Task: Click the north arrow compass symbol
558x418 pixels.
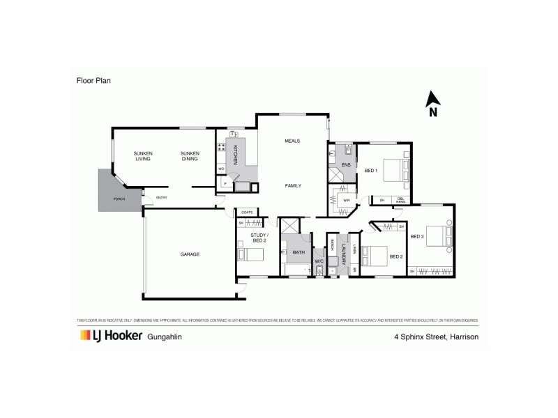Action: click(x=432, y=104)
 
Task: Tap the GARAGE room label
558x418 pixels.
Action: click(x=189, y=254)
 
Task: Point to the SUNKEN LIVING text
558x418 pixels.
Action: click(x=144, y=156)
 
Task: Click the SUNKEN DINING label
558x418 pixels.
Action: click(x=190, y=156)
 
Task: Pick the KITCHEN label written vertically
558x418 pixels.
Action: click(x=235, y=155)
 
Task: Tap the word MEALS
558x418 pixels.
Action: click(x=292, y=141)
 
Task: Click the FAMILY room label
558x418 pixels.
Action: click(x=292, y=185)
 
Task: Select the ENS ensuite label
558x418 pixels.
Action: click(x=345, y=164)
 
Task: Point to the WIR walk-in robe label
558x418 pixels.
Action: click(x=346, y=201)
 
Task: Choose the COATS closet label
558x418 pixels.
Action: click(x=247, y=212)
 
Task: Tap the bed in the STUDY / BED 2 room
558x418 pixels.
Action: click(x=252, y=255)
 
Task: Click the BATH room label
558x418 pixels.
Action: click(x=299, y=252)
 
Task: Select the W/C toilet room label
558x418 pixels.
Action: click(x=319, y=261)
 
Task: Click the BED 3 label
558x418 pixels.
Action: click(x=417, y=237)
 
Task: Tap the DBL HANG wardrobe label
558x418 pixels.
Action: click(x=401, y=201)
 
